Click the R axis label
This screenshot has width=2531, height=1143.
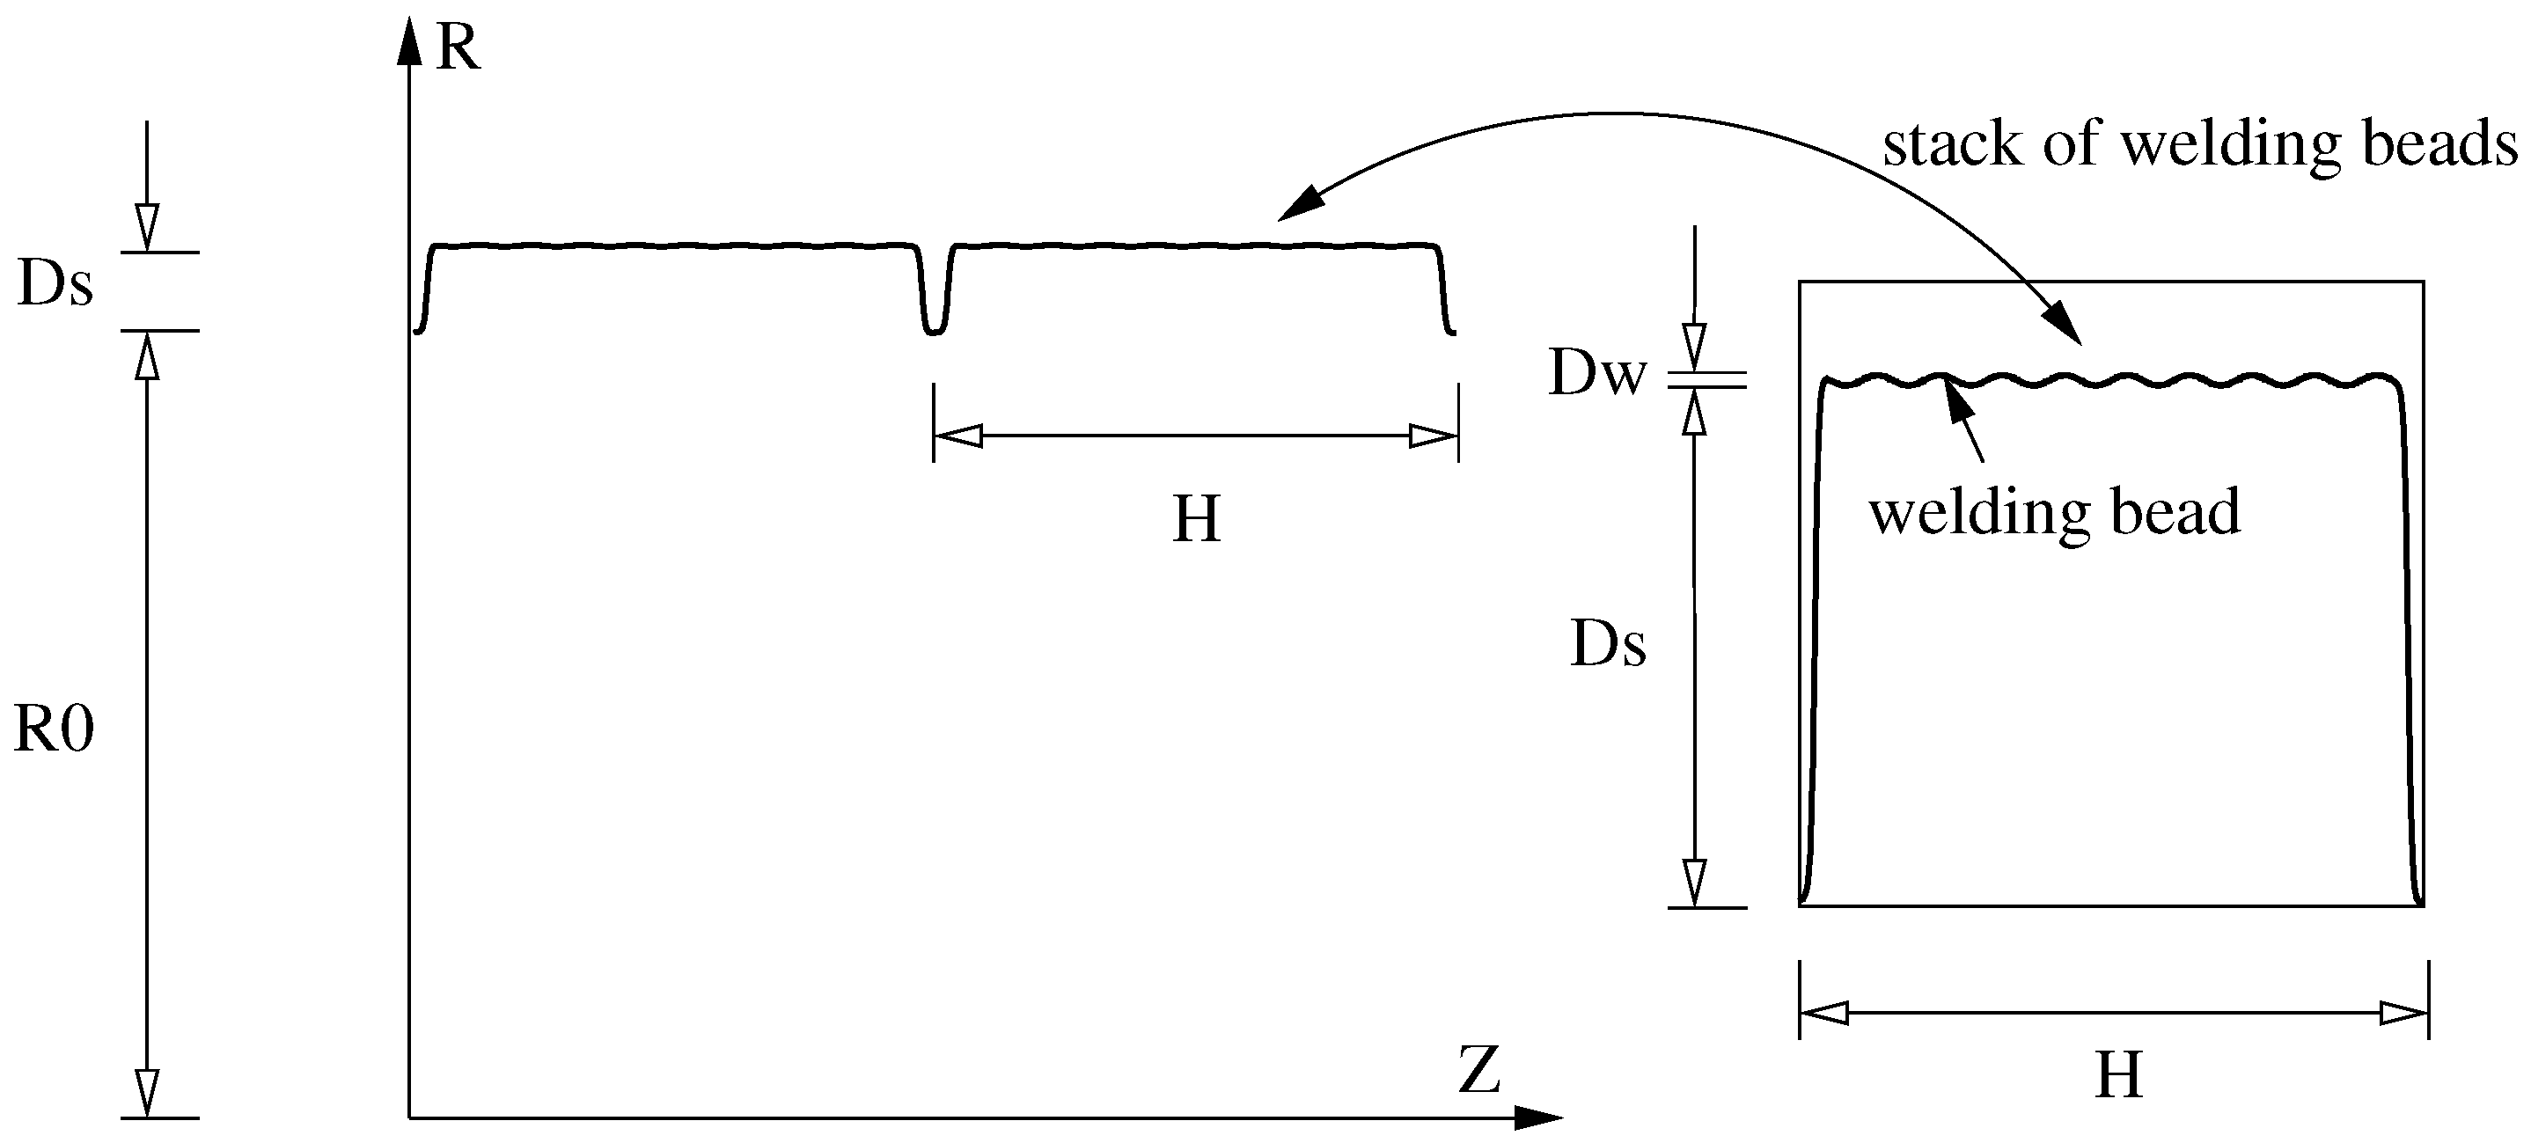(458, 48)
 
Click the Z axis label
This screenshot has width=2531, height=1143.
(1479, 1070)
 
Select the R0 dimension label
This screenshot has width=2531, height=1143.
(54, 731)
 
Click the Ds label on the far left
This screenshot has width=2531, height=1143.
(56, 286)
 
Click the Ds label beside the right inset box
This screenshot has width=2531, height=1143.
(1609, 646)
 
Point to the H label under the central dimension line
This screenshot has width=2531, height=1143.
(1196, 520)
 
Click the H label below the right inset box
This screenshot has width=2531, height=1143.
(2119, 1076)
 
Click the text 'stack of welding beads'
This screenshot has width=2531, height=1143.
(2200, 145)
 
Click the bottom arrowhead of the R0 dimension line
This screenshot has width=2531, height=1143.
(146, 1093)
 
